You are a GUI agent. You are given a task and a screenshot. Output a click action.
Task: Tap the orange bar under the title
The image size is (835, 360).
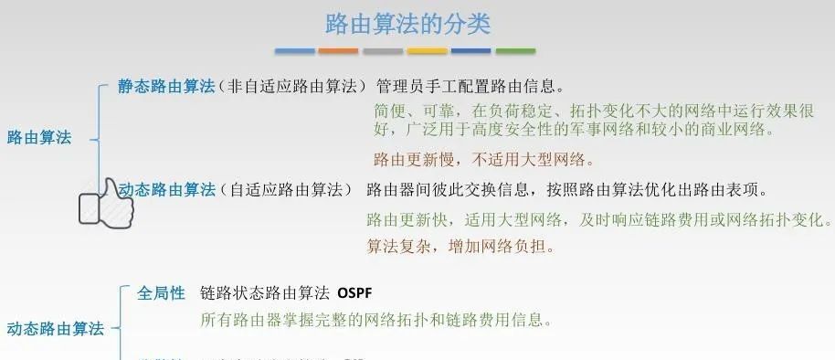coord(338,51)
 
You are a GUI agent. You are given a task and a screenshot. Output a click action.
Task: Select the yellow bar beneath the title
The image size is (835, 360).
coord(427,51)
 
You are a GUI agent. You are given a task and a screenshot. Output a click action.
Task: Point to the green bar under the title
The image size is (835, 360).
coord(515,51)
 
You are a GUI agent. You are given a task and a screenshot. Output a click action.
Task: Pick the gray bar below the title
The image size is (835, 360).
coord(382,51)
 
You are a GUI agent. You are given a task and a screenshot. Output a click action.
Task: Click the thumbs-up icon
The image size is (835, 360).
coord(106,202)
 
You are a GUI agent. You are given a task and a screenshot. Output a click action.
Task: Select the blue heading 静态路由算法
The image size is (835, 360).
coord(166,86)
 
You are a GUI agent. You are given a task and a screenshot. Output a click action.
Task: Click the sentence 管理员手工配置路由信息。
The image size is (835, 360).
coord(470,86)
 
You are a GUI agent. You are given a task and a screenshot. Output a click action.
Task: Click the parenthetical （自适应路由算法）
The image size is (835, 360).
coord(285,189)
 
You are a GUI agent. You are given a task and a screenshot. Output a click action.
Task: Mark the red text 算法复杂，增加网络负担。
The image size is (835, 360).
coord(460,246)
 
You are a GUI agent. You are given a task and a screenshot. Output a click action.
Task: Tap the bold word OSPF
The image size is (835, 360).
coord(354,293)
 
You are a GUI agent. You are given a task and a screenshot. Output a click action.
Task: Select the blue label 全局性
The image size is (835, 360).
coord(162,293)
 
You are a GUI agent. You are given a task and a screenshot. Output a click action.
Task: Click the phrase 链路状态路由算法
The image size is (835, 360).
coord(264,293)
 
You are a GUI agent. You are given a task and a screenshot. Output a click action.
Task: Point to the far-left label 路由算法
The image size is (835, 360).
coord(39,138)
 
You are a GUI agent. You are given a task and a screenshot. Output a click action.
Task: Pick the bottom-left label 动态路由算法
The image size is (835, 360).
coord(56,328)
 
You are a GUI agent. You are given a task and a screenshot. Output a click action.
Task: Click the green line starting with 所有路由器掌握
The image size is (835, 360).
coord(376,320)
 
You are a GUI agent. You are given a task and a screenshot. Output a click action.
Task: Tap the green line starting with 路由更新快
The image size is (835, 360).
coord(599,220)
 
